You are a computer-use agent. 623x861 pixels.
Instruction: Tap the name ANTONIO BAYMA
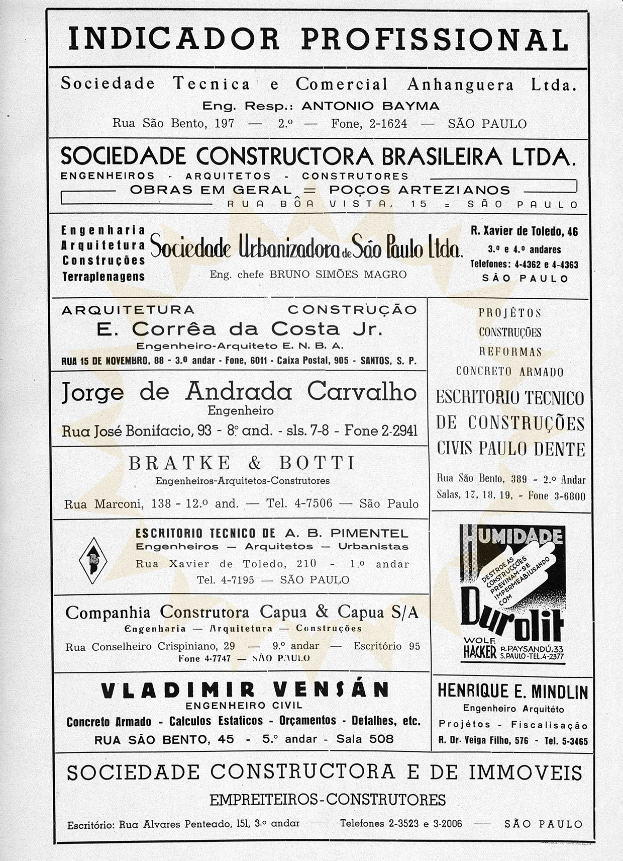(x=370, y=106)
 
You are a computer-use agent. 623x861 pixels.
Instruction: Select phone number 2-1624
(x=388, y=123)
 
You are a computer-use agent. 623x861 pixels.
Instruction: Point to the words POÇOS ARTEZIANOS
(x=420, y=190)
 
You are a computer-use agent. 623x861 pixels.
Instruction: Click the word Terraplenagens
(x=103, y=277)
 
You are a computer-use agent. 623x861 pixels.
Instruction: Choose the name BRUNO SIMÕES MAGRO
(x=338, y=275)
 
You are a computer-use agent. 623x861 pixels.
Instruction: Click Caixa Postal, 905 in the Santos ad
(x=313, y=361)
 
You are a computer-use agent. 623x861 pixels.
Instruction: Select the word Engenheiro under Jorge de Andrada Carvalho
(x=240, y=411)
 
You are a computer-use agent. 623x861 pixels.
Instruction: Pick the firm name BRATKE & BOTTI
(x=242, y=463)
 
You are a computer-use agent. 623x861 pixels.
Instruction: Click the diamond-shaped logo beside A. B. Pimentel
(x=93, y=560)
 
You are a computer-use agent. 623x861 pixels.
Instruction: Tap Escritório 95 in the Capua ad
(x=386, y=646)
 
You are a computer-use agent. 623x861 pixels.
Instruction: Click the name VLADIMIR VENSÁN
(x=245, y=690)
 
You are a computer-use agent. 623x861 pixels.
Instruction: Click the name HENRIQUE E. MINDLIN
(x=512, y=692)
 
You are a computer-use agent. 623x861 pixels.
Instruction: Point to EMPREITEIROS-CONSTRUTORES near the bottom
(x=327, y=800)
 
